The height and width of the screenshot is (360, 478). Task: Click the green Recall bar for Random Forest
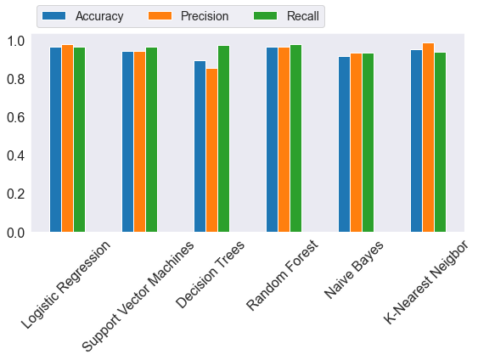point(295,138)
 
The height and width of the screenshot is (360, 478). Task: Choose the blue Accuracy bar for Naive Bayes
point(344,144)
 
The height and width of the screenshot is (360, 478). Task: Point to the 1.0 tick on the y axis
point(18,41)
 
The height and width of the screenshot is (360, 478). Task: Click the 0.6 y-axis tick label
point(18,117)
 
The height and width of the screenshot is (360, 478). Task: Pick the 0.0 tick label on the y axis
point(18,232)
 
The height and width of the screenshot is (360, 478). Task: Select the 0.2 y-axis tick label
point(18,194)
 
